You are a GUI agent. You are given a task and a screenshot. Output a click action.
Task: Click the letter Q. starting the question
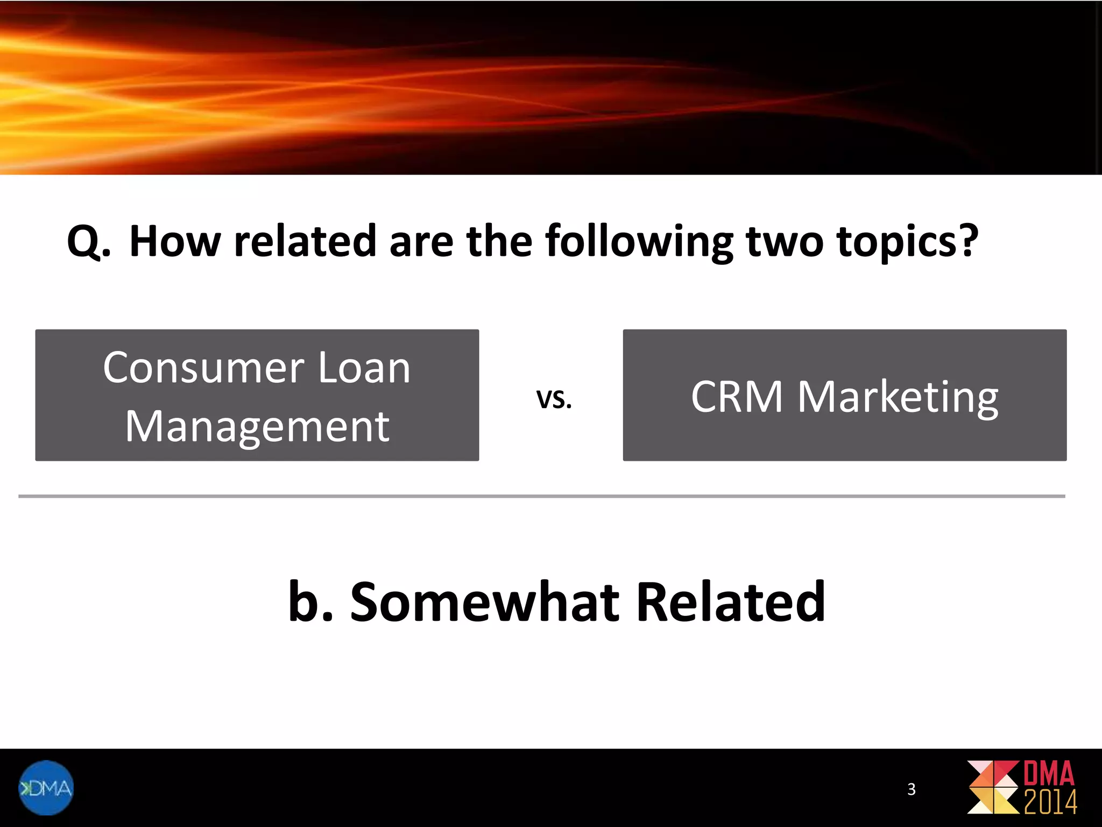click(89, 242)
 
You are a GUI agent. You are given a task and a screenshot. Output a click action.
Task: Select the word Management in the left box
click(257, 426)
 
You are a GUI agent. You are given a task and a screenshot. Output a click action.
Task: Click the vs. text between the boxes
click(554, 399)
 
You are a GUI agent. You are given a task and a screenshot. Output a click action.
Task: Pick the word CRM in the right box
click(737, 397)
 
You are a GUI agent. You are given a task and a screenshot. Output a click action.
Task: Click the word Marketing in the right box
click(898, 398)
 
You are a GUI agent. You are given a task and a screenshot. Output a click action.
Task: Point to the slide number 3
click(911, 789)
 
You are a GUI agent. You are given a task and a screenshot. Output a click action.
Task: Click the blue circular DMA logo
click(46, 787)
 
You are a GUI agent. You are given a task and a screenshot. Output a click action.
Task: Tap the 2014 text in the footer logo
click(1050, 803)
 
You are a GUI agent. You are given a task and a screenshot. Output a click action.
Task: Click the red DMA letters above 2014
click(1049, 774)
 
